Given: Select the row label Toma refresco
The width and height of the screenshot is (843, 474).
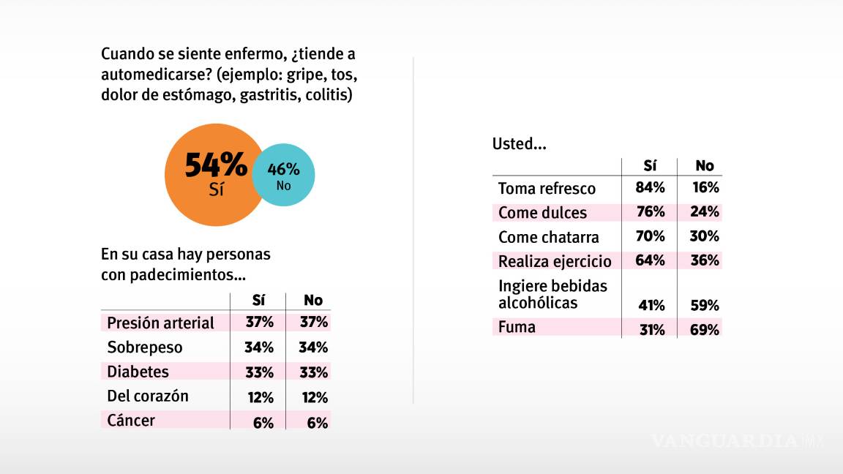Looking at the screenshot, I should (547, 189).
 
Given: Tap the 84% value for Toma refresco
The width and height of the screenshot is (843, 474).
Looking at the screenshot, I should (651, 188).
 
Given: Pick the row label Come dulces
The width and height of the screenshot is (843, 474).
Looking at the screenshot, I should (542, 213).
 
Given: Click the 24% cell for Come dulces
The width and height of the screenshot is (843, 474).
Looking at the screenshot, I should (705, 212).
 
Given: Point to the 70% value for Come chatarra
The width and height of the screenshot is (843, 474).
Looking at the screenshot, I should (651, 236).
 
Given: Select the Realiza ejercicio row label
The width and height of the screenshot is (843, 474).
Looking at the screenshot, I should (555, 261).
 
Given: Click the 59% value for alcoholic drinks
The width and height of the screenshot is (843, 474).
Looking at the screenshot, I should (705, 305).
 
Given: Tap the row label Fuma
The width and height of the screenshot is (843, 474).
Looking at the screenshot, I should (517, 327).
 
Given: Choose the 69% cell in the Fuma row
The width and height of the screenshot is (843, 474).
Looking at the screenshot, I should (705, 329).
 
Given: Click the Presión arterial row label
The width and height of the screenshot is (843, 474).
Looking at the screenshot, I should (160, 323).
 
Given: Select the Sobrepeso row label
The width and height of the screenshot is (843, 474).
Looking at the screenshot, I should (145, 347).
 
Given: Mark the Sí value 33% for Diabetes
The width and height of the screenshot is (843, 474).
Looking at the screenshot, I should (259, 372).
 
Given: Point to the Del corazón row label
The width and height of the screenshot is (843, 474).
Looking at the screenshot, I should (148, 396).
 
